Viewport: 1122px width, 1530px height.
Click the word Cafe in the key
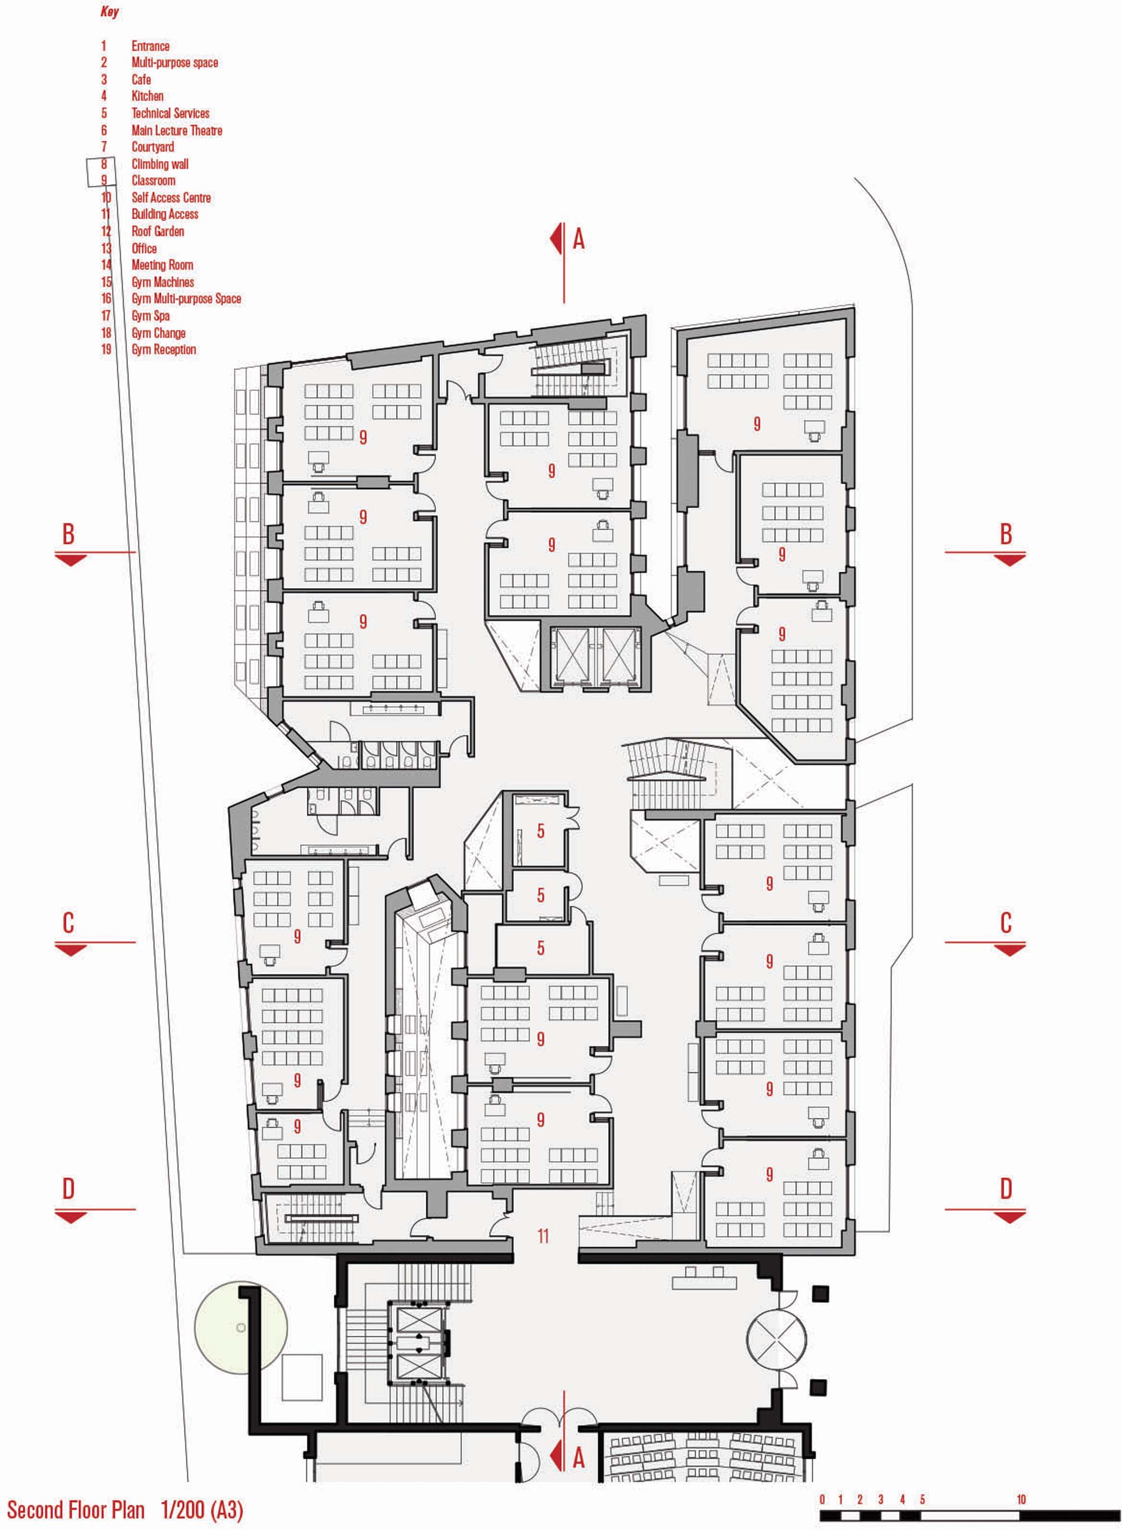coord(141,80)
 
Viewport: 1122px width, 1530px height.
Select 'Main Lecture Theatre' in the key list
coord(177,130)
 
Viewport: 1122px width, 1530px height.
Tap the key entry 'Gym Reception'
coord(164,350)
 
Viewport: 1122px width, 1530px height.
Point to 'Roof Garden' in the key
coord(158,232)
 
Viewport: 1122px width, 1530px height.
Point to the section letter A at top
coord(578,238)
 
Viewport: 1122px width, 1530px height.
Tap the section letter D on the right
coord(1006,1188)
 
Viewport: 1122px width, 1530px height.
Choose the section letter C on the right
coord(1006,922)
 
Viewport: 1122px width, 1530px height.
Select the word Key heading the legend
coord(109,12)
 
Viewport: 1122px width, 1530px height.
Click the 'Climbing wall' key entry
coord(160,164)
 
